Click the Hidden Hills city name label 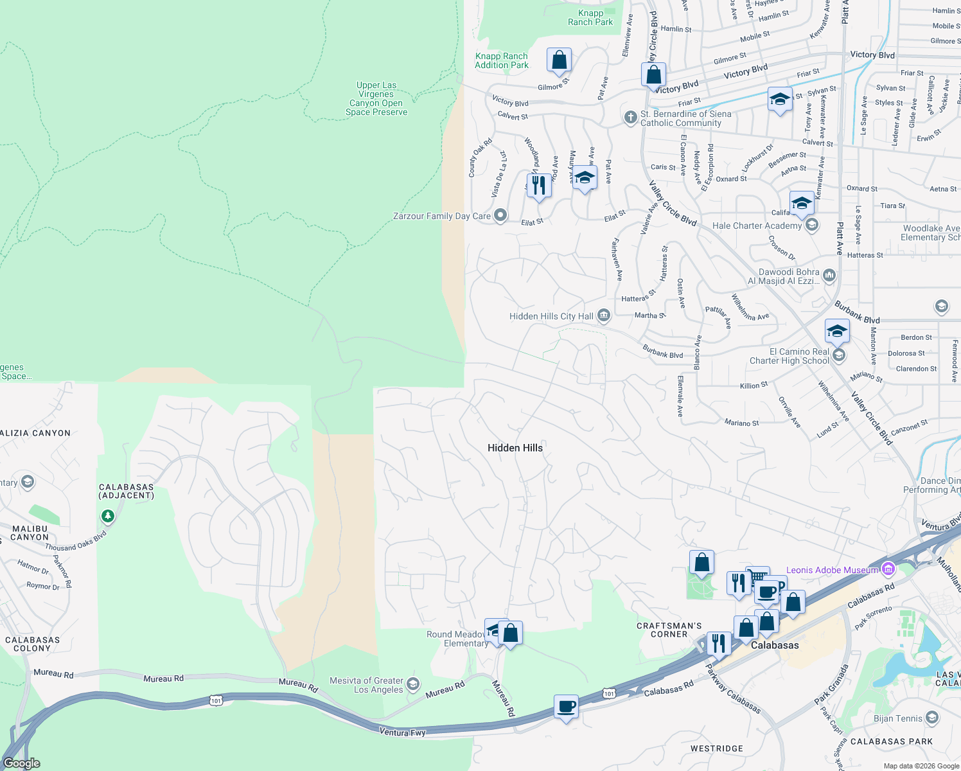(x=515, y=448)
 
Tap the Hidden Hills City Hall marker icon (x=603, y=315)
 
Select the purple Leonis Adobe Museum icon (x=888, y=569)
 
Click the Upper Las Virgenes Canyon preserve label (x=376, y=98)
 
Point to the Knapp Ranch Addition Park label (x=502, y=61)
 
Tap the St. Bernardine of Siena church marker (x=630, y=118)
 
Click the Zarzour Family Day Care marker (x=501, y=216)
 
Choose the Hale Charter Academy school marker (x=812, y=225)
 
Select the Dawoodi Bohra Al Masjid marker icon (x=829, y=276)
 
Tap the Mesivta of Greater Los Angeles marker (x=413, y=684)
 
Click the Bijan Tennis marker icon (x=932, y=718)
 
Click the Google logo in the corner (x=22, y=763)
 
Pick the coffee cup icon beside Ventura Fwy (x=566, y=707)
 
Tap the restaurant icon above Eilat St (x=538, y=186)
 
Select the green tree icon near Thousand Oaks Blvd (x=107, y=516)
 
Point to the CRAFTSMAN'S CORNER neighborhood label (x=669, y=630)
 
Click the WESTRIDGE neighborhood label (x=716, y=749)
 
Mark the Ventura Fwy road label (x=402, y=732)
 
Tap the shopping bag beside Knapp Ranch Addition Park (x=559, y=60)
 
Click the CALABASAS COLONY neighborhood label (x=32, y=644)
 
